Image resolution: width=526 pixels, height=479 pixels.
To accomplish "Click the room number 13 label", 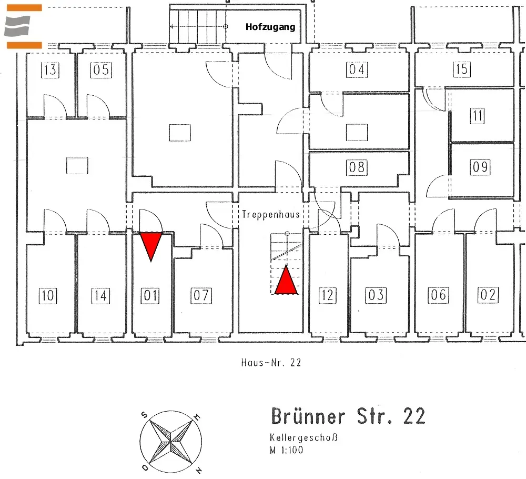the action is point(50,70).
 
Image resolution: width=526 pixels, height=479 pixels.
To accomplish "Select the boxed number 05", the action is point(101,70).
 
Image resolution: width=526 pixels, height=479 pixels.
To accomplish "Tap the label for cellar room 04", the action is point(357,69).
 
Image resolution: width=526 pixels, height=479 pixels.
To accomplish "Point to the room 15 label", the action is point(462,69).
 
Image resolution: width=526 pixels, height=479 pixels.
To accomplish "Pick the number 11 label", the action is point(478,116).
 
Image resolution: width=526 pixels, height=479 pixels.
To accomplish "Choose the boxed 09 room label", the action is point(480,167).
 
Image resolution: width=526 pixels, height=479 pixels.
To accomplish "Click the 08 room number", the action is point(357,167).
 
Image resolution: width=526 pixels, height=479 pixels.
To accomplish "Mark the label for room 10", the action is point(48,296).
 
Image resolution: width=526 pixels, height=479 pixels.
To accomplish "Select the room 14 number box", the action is point(100,296).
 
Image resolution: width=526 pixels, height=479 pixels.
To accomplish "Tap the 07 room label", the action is point(201,295).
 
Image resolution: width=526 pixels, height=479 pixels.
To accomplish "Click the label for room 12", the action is point(327,295).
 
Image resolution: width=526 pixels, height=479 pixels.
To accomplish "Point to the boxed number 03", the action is point(376,295).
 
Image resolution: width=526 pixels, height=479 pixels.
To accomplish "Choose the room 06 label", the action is point(439,295).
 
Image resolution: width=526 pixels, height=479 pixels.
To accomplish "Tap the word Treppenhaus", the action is point(271,214).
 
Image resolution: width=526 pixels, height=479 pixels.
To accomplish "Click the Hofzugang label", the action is point(270,27).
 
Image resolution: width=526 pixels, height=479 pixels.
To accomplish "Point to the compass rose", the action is point(171,442).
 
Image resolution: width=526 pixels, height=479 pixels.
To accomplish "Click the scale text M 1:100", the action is point(287,450).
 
